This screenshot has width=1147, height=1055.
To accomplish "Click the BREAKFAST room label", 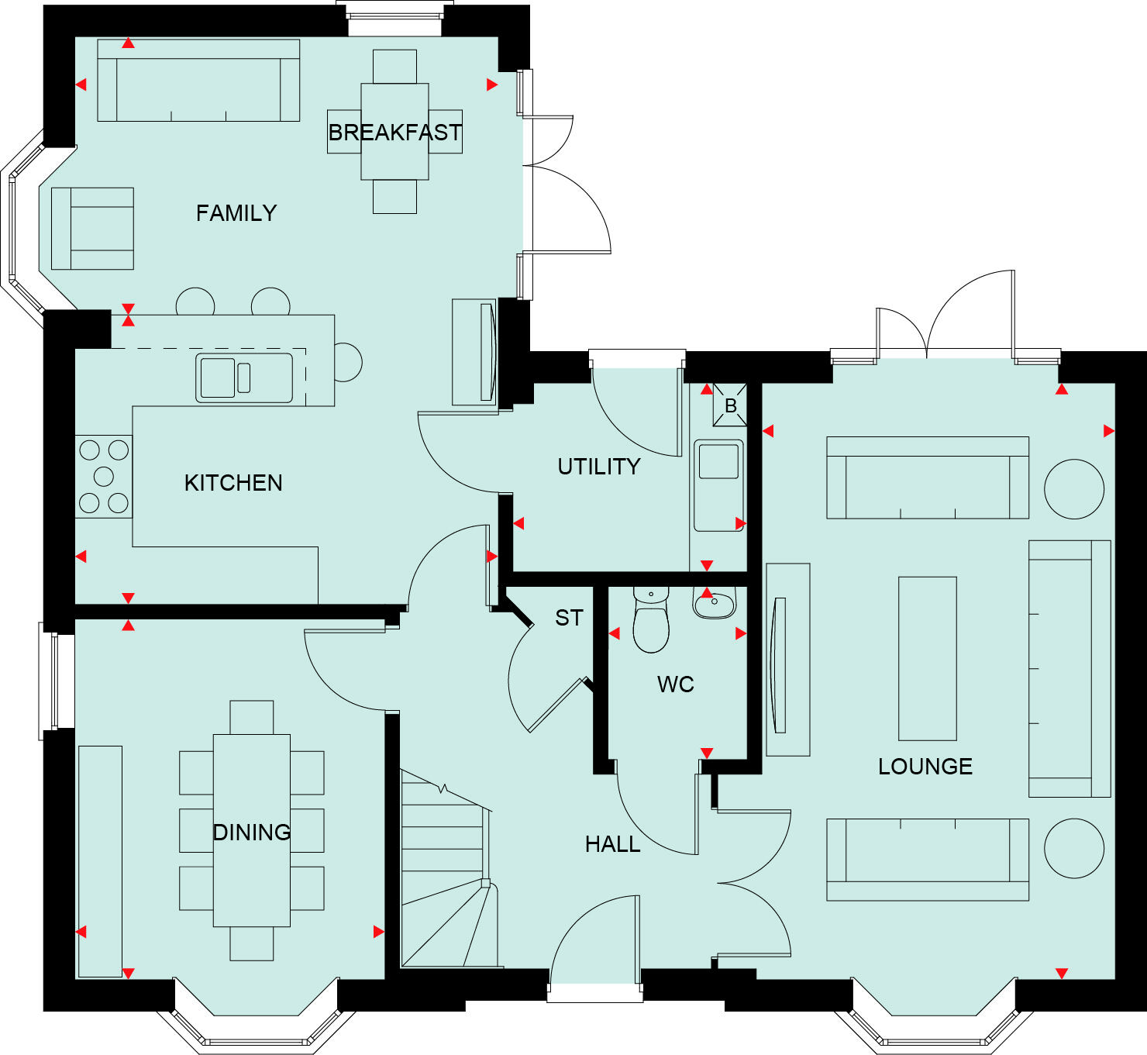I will pyautogui.click(x=394, y=133).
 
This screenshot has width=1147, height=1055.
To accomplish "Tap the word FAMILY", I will pyautogui.click(x=236, y=213).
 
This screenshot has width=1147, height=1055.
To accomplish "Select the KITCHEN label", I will pyautogui.click(x=233, y=483).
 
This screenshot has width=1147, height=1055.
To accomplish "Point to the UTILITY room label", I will pyautogui.click(x=599, y=467).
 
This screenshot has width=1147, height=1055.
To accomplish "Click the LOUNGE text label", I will pyautogui.click(x=925, y=767).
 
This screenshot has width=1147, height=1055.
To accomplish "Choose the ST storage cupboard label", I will pyautogui.click(x=569, y=618).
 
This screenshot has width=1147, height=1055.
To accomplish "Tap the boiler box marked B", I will pyautogui.click(x=730, y=405).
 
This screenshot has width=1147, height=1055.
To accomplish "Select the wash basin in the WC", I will pyautogui.click(x=714, y=602).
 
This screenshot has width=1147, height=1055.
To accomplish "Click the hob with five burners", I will pyautogui.click(x=103, y=476).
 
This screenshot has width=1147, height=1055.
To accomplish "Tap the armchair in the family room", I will pyautogui.click(x=93, y=229).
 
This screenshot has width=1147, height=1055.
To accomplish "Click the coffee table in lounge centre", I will pyautogui.click(x=927, y=658).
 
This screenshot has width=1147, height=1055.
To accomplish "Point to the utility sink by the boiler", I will pyautogui.click(x=718, y=484).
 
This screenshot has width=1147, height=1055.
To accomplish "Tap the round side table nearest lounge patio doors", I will pyautogui.click(x=1073, y=488).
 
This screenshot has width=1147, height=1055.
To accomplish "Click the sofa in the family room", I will pyautogui.click(x=198, y=81).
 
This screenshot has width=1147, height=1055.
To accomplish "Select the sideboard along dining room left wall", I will pyautogui.click(x=100, y=860).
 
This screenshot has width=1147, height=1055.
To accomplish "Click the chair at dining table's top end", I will pyautogui.click(x=252, y=717).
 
